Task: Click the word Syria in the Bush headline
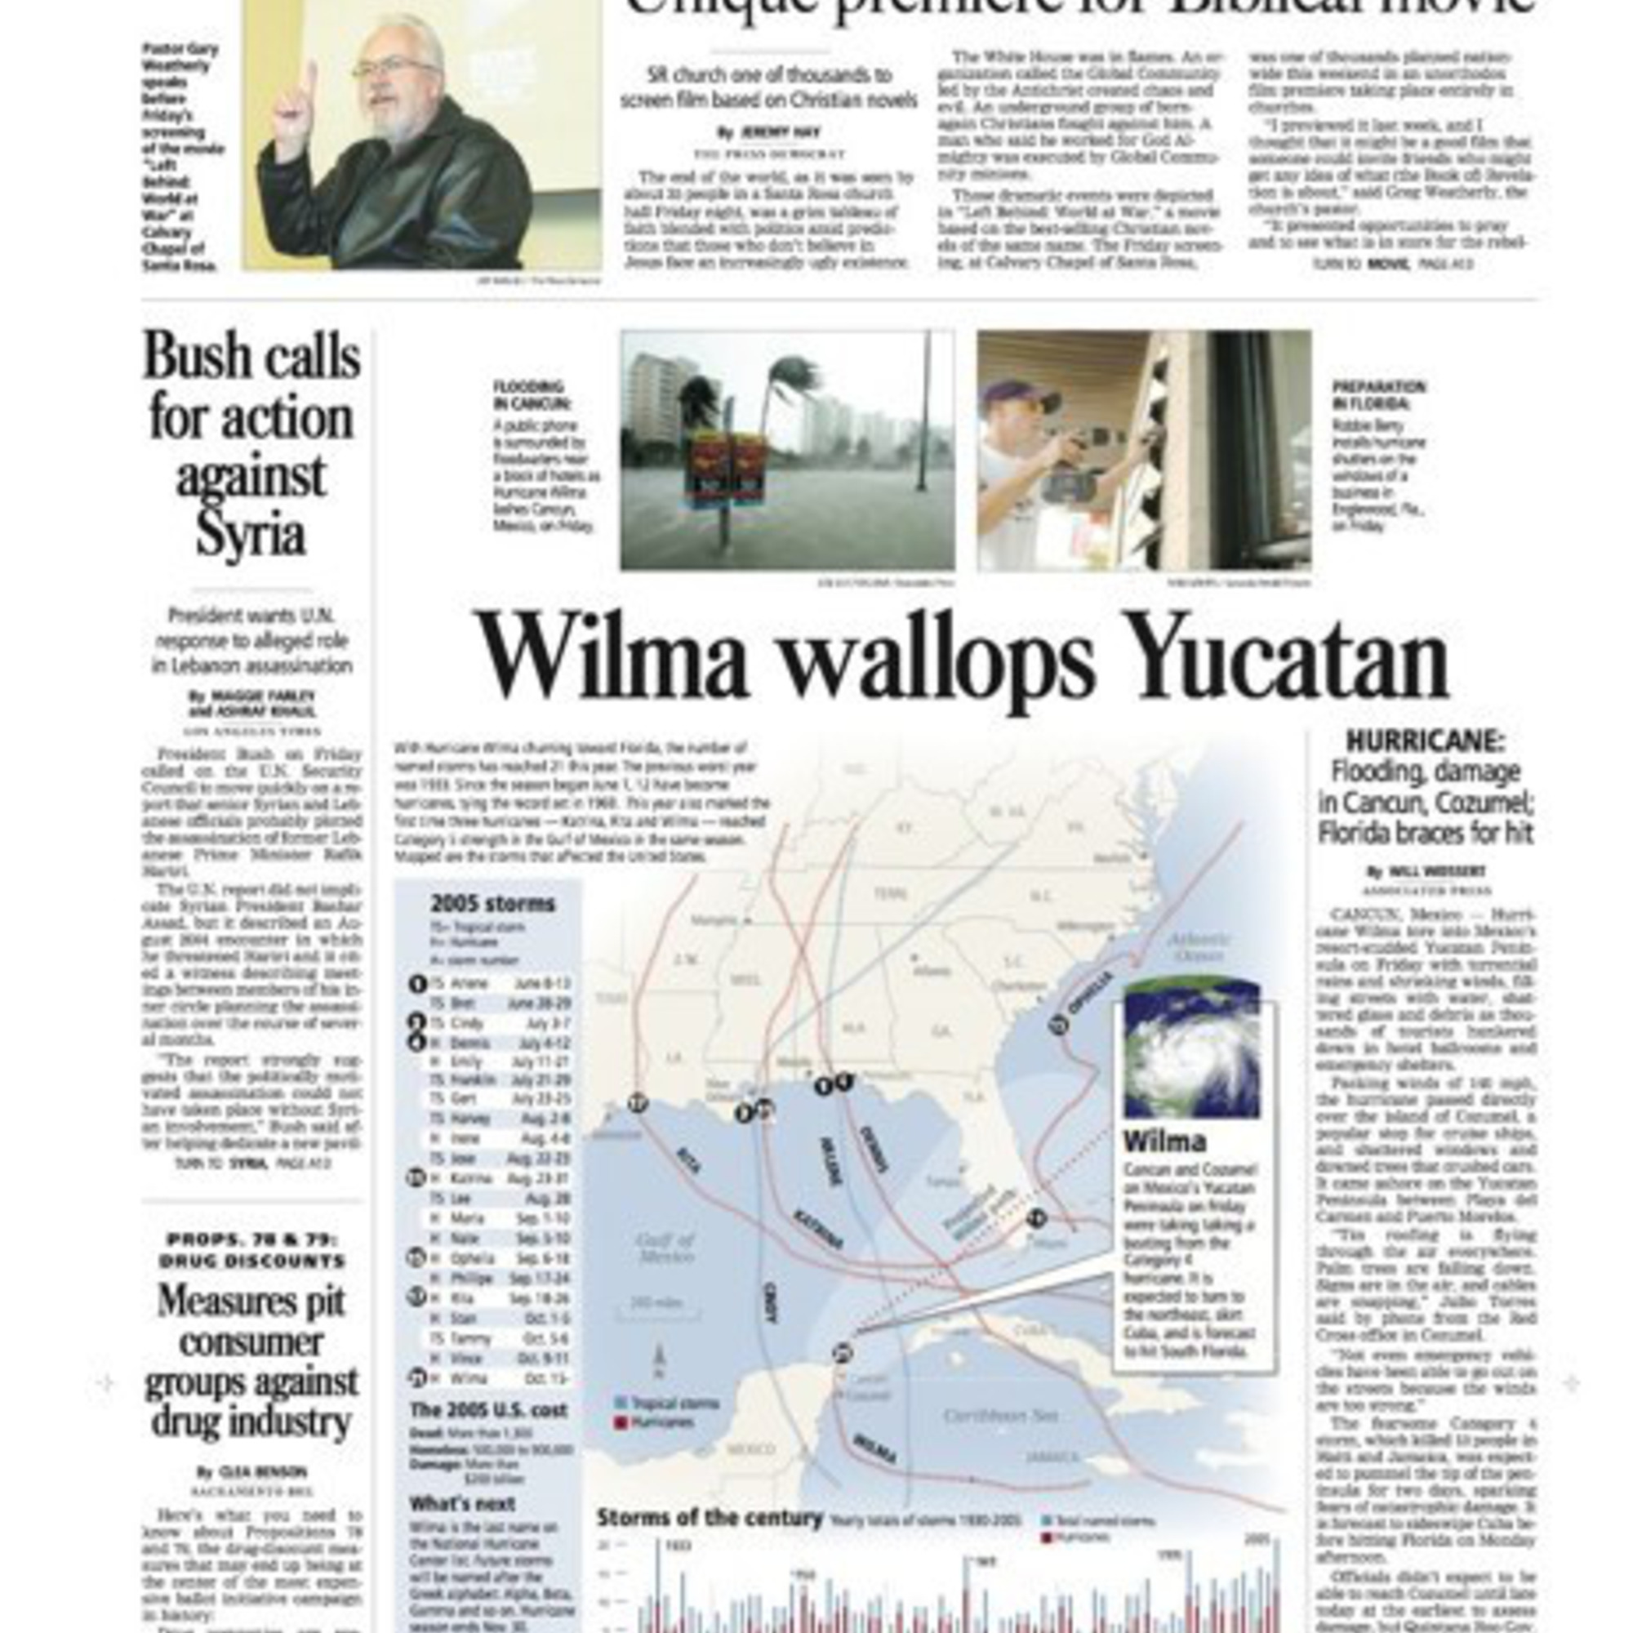(250, 534)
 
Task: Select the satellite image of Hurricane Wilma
(1191, 1049)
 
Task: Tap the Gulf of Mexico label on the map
(665, 1248)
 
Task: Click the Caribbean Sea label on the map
(1001, 1416)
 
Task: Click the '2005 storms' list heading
(493, 904)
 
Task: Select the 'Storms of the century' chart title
(710, 1518)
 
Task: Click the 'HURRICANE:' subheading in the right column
(1425, 742)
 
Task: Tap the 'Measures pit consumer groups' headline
(251, 1361)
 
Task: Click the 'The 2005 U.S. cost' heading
(488, 1410)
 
